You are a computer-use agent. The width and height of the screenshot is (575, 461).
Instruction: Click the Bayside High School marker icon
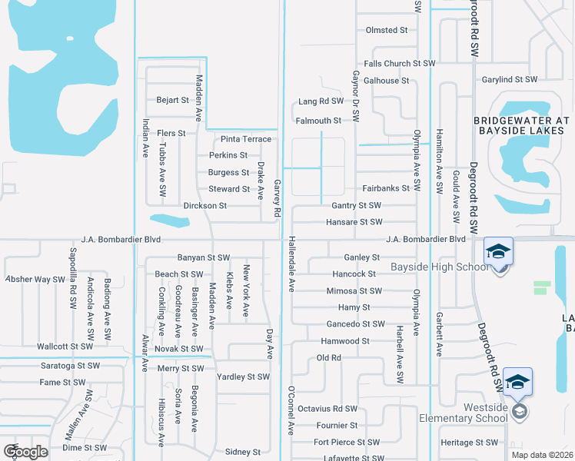(x=497, y=252)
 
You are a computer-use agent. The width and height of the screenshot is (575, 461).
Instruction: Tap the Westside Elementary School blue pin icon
(x=518, y=383)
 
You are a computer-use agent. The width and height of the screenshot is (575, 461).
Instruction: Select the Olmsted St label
(x=387, y=30)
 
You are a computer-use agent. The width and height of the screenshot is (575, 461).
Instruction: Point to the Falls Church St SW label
(x=399, y=64)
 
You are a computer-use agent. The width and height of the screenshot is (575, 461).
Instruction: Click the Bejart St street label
(x=172, y=100)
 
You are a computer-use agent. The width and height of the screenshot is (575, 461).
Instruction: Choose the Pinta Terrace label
(x=246, y=139)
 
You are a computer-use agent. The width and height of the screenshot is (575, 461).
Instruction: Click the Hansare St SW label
(x=354, y=222)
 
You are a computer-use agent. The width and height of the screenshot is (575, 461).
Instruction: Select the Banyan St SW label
(x=204, y=257)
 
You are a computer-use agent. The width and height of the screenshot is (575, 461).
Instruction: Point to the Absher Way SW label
(x=35, y=279)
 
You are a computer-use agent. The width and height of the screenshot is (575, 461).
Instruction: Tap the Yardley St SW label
(x=243, y=376)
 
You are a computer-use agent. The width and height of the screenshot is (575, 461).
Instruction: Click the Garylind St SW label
(x=509, y=79)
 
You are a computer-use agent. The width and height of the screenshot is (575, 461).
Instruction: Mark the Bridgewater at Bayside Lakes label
(x=521, y=127)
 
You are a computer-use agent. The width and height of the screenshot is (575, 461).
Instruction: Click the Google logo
(x=25, y=452)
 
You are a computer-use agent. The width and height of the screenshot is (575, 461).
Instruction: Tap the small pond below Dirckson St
(x=170, y=221)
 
